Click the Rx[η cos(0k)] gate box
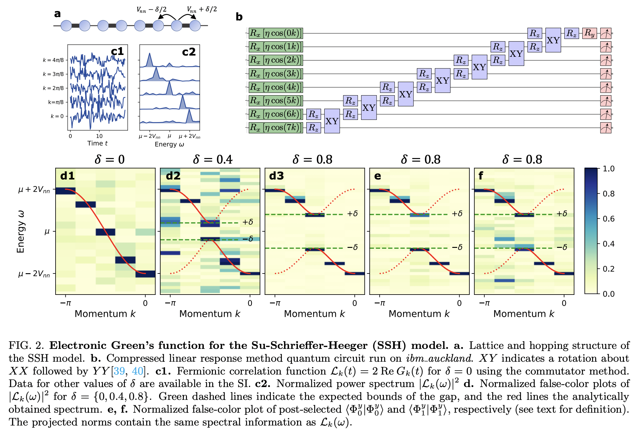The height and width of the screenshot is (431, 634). pyautogui.click(x=275, y=33)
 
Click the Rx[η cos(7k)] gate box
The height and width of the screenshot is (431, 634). pyautogui.click(x=275, y=127)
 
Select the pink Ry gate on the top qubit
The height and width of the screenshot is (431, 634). pyautogui.click(x=589, y=33)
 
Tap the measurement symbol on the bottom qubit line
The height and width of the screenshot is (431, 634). pyautogui.click(x=606, y=128)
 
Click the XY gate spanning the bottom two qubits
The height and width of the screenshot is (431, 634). pyautogui.click(x=332, y=121)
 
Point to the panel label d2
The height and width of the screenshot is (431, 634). pyautogui.click(x=173, y=176)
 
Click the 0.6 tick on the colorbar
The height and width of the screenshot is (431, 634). pyautogui.click(x=608, y=219)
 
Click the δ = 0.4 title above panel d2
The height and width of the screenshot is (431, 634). pyautogui.click(x=213, y=160)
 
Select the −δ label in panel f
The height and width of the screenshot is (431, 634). pyautogui.click(x=562, y=247)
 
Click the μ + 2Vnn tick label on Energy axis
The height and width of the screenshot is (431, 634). pyautogui.click(x=34, y=190)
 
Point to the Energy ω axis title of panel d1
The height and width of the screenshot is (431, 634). pyautogui.click(x=20, y=231)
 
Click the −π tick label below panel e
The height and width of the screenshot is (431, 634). pyautogui.click(x=380, y=303)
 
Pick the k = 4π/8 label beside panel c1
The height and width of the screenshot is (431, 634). pyautogui.click(x=53, y=60)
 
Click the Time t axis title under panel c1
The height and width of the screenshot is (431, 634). pyautogui.click(x=97, y=143)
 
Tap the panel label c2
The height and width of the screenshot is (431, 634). pyautogui.click(x=189, y=52)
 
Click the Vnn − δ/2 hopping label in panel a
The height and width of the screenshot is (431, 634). pyautogui.click(x=151, y=10)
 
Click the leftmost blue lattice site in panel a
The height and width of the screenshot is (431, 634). pyautogui.click(x=66, y=26)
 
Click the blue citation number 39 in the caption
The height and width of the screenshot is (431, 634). pyautogui.click(x=119, y=371)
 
